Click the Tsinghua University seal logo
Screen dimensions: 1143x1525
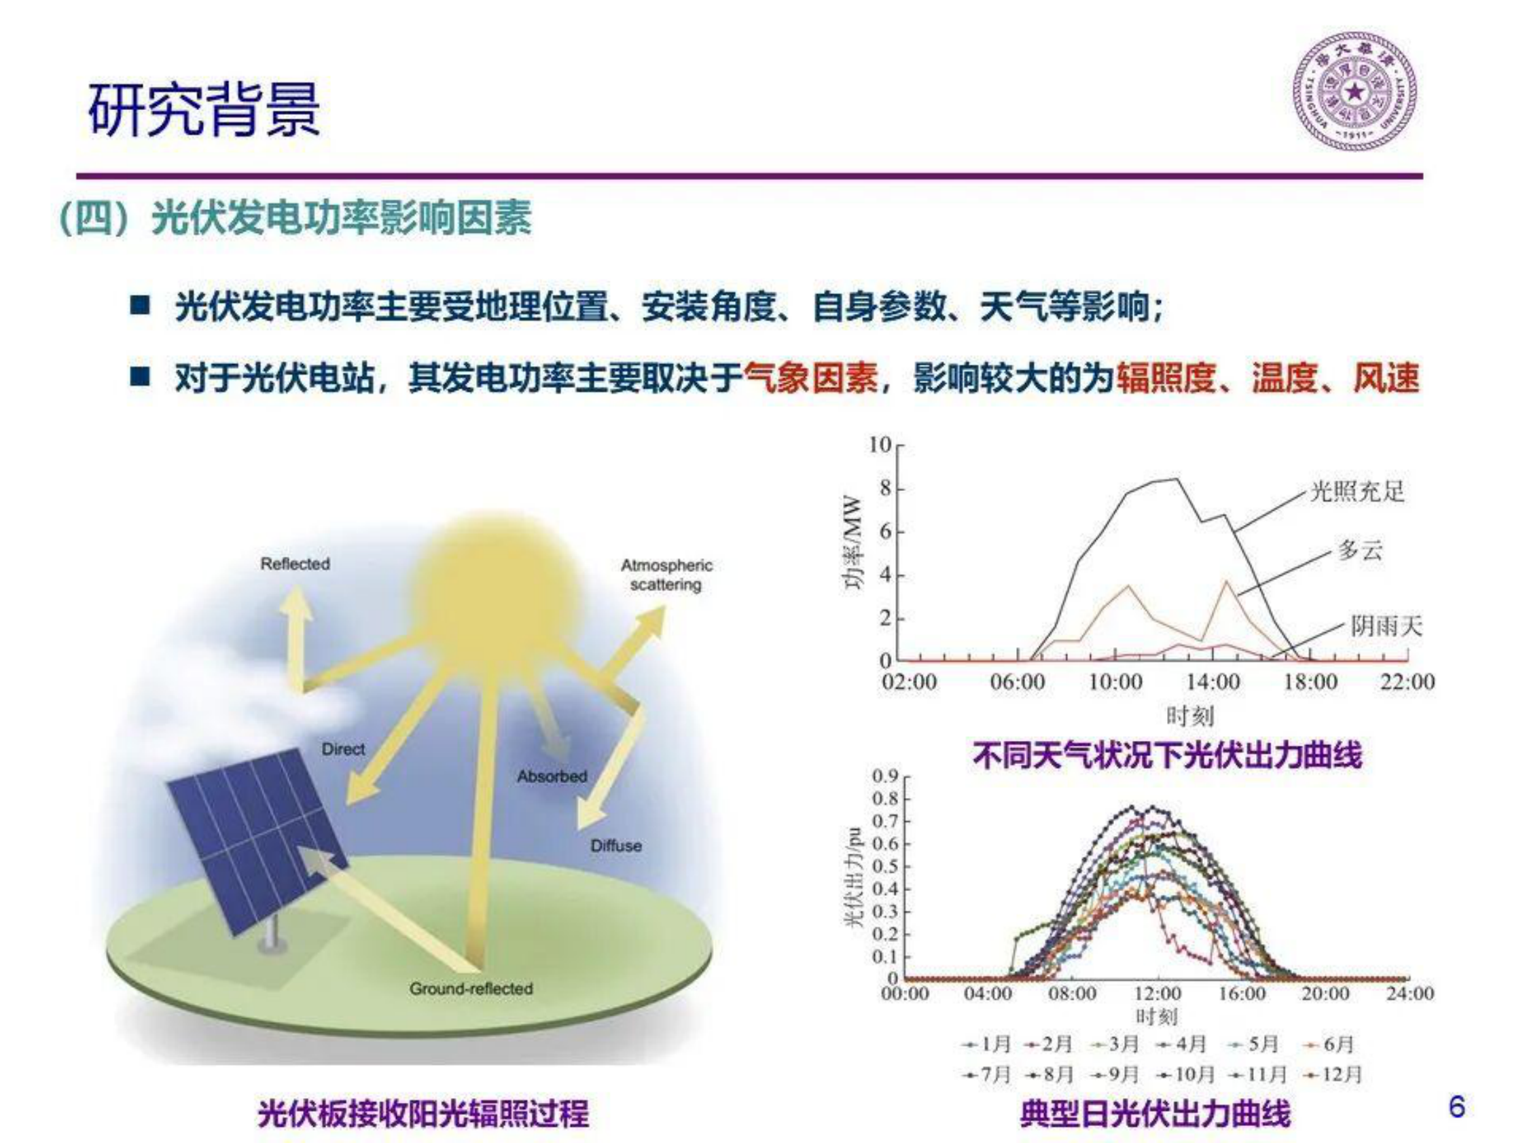coord(1354,92)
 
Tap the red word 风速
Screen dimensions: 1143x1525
coord(1386,378)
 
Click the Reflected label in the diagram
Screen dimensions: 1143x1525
coord(295,564)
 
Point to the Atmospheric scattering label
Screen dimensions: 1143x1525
coord(666,575)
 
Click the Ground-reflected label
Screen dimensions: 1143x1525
coord(471,989)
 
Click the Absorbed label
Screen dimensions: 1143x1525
coord(552,776)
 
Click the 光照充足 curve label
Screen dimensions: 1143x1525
coord(1356,492)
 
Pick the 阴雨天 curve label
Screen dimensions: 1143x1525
coord(1386,626)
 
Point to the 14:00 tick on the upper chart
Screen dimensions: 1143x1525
coord(1213,683)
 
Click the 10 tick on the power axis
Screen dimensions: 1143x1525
coord(880,446)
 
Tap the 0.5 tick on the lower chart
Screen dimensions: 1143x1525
coord(884,867)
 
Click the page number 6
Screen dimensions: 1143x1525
coord(1457,1106)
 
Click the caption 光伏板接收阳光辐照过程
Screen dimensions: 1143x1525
coord(423,1113)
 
